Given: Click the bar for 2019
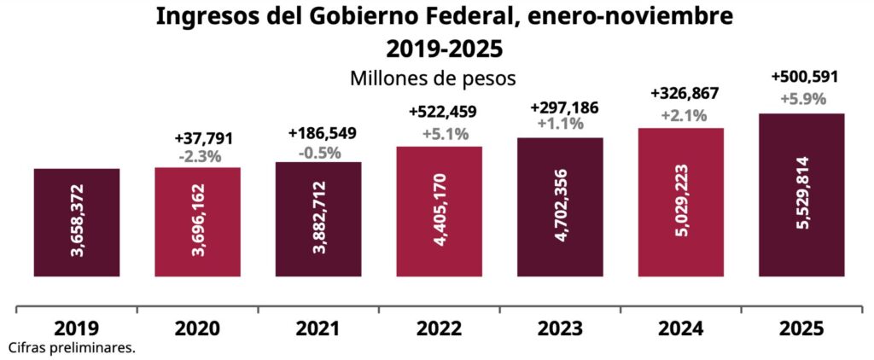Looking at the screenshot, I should point(76,223).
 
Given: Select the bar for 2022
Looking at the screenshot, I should point(439,212).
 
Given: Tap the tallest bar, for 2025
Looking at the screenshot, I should point(801,195).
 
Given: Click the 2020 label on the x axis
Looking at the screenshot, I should point(197,328).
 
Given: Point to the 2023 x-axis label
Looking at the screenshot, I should point(560,328).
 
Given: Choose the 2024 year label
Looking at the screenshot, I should point(681,328).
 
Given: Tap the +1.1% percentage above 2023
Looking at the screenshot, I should point(561,124).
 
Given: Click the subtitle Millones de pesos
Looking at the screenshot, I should point(433,78).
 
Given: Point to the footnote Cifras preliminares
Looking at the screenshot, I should point(72,348).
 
